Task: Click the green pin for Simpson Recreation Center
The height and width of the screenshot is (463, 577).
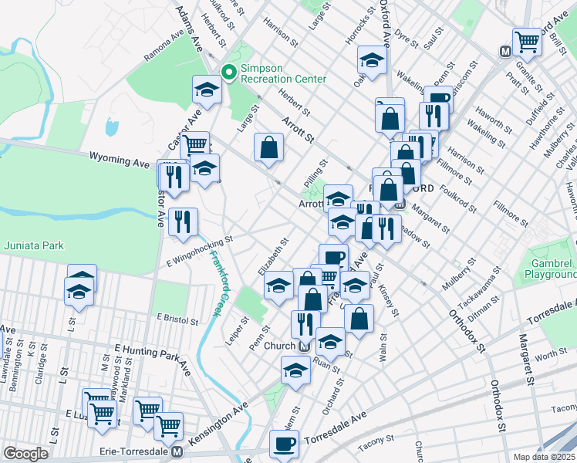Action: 229,73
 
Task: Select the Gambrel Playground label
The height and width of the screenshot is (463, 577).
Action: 550,268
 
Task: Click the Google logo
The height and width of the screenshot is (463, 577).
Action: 25,453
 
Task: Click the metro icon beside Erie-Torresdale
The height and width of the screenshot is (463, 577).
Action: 177,451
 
